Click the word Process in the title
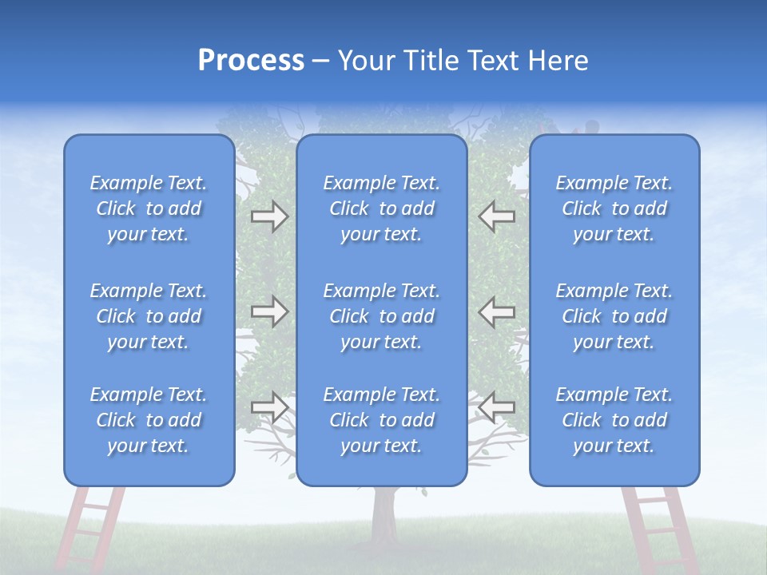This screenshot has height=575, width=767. pyautogui.click(x=251, y=61)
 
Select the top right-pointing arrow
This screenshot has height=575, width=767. pyautogui.click(x=269, y=216)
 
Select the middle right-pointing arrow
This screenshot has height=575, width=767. pyautogui.click(x=269, y=311)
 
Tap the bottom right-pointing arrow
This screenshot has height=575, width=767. pyautogui.click(x=269, y=407)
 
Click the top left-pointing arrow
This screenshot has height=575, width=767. pyautogui.click(x=496, y=216)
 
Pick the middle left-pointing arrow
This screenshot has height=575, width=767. pyautogui.click(x=496, y=311)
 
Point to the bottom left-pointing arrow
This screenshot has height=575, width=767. pyautogui.click(x=496, y=407)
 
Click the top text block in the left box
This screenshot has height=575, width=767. pyautogui.click(x=149, y=208)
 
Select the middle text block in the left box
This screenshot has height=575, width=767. pyautogui.click(x=149, y=316)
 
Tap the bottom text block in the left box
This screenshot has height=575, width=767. pyautogui.click(x=149, y=420)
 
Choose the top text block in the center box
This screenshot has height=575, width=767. pyautogui.click(x=381, y=208)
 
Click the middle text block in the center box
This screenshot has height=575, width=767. pyautogui.click(x=381, y=316)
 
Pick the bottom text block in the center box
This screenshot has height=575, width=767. pyautogui.click(x=381, y=420)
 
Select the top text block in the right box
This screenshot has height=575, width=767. pyautogui.click(x=614, y=208)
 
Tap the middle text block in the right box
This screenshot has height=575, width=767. pyautogui.click(x=614, y=316)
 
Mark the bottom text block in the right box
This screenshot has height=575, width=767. pyautogui.click(x=614, y=420)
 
